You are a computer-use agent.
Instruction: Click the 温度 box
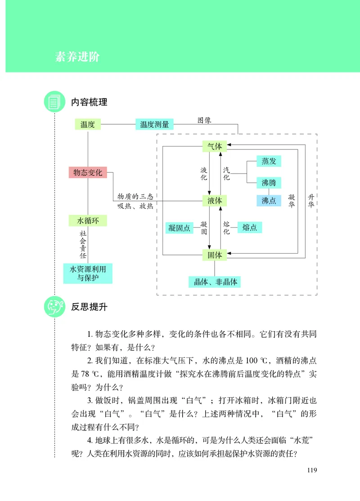coord(88,125)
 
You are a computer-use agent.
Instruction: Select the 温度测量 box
coord(154,125)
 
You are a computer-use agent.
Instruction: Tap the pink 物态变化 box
coord(88,172)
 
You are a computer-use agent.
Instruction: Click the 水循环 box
coord(88,221)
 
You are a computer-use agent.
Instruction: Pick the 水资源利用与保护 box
coord(88,273)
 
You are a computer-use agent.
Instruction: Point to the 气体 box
coord(215,146)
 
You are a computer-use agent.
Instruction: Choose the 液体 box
coord(215,201)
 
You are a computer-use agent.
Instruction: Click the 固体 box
coord(215,255)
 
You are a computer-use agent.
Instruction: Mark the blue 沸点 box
coord(269,201)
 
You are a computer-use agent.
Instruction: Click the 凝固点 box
coord(178,228)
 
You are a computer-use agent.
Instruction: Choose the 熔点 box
coord(249,228)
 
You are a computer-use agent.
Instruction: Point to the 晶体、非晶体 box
coord(215,282)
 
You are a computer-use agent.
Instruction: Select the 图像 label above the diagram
coord(204,121)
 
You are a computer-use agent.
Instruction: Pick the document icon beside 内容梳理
coord(54,102)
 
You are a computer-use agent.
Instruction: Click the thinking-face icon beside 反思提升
coord(54,307)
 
